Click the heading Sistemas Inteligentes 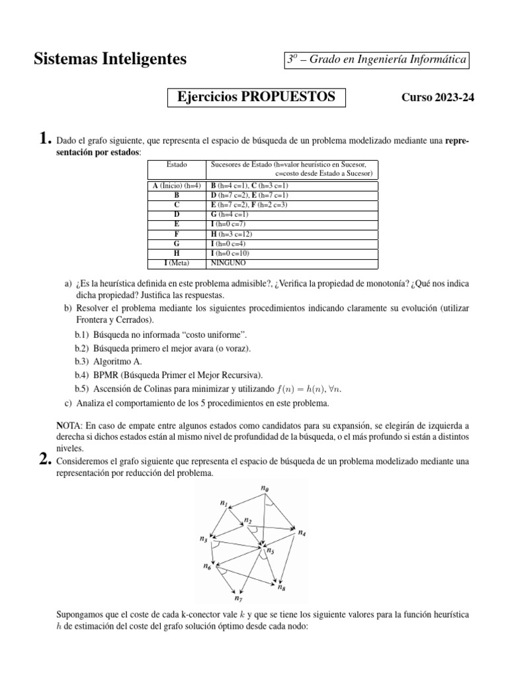pyautogui.click(x=110, y=60)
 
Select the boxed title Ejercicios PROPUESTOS pyautogui.click(x=257, y=97)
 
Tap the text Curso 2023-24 pyautogui.click(x=438, y=98)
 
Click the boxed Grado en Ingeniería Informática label pyautogui.click(x=376, y=60)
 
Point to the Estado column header pyautogui.click(x=177, y=164)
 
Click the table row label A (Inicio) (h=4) pyautogui.click(x=177, y=186)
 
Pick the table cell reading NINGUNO pyautogui.click(x=228, y=263)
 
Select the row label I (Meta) pyautogui.click(x=177, y=263)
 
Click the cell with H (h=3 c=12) pyautogui.click(x=232, y=234)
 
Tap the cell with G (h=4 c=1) pyautogui.click(x=230, y=215)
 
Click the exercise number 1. pyautogui.click(x=44, y=139)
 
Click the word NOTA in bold pyautogui.click(x=69, y=426)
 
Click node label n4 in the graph pyautogui.click(x=302, y=532)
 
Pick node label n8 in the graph pyautogui.click(x=281, y=587)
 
